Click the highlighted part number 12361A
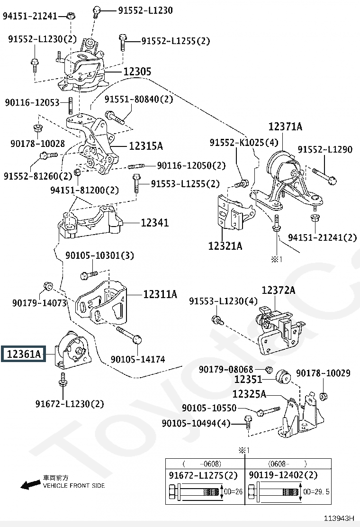(24, 354)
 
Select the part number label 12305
(137, 71)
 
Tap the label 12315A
(146, 146)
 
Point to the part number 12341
(154, 222)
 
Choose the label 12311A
(160, 294)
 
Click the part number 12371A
(286, 127)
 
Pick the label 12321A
(225, 246)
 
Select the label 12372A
(279, 290)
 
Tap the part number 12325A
(249, 394)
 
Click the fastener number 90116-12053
(32, 102)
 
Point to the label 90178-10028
(37, 144)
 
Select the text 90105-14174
(138, 359)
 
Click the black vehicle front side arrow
(30, 485)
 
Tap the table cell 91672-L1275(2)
(203, 475)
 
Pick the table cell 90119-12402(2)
(283, 475)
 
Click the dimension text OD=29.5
(316, 492)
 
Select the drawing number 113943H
(339, 518)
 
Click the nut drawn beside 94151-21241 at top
(71, 16)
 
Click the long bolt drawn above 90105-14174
(129, 335)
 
